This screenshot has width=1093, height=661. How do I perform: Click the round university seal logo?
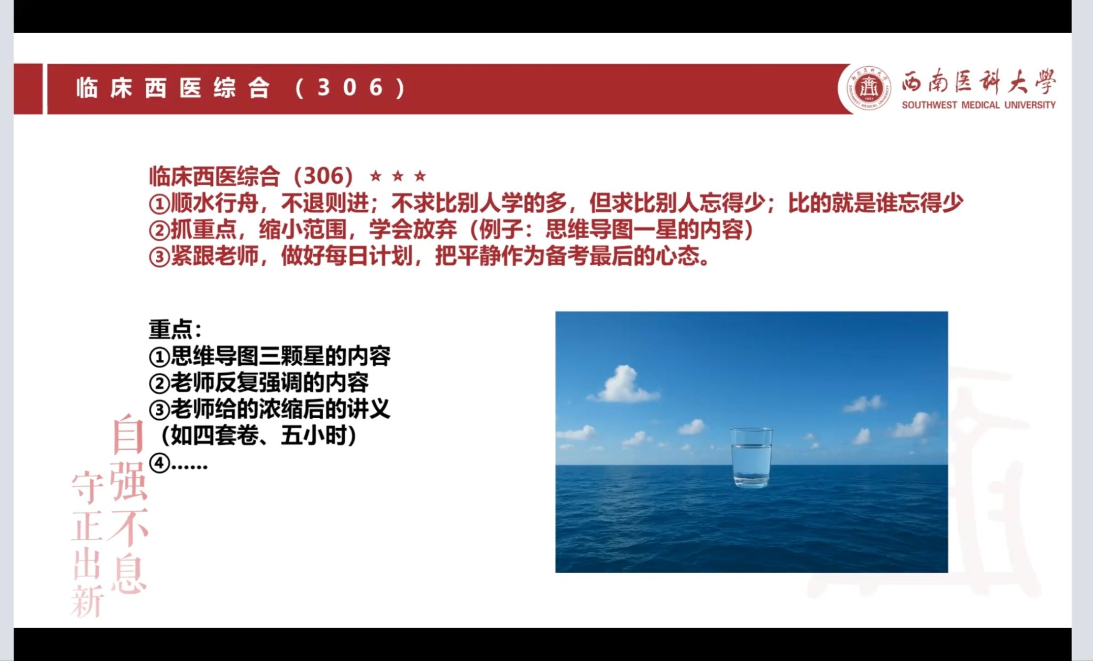click(x=868, y=89)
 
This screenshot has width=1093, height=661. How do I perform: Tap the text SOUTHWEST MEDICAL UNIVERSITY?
click(x=978, y=105)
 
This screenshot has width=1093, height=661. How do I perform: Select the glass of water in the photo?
click(x=751, y=458)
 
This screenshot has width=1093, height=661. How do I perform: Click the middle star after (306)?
click(x=398, y=175)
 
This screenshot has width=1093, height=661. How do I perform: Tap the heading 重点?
click(x=175, y=329)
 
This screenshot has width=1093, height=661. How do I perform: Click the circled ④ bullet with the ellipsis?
click(x=178, y=463)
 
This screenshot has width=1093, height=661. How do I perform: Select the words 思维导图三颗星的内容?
click(x=281, y=356)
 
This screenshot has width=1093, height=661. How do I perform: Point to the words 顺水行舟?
click(x=215, y=203)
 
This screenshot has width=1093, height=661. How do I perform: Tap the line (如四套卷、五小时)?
click(x=258, y=436)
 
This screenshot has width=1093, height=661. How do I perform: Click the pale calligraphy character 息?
click(x=129, y=573)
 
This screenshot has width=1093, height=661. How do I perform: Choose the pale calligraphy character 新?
click(x=86, y=601)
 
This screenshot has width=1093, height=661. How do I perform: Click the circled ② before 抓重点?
click(x=159, y=231)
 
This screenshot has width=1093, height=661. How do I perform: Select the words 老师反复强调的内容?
click(x=270, y=383)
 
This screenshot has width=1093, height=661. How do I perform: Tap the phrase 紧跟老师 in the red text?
click(x=215, y=256)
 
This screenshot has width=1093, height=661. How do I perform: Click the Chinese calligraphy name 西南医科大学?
click(x=979, y=83)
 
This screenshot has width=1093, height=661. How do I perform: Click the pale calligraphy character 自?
click(x=128, y=434)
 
